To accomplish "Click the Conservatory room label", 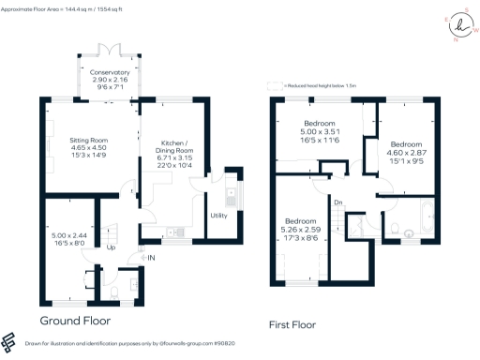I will coord(110,71).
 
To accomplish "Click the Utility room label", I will coord(218,215).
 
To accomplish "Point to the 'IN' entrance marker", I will coord(150,256).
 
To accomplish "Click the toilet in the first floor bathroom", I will coord(394,227).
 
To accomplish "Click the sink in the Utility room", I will coord(232,197).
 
